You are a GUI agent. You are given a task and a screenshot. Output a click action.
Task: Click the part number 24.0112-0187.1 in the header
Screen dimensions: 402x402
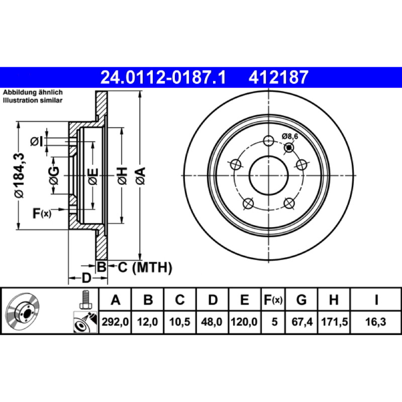click(163, 77)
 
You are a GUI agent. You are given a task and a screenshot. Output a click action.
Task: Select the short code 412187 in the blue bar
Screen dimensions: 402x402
click(278, 77)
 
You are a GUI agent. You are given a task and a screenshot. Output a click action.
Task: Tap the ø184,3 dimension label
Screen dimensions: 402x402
click(20, 175)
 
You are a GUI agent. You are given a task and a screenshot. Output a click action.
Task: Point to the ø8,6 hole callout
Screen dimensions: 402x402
click(290, 136)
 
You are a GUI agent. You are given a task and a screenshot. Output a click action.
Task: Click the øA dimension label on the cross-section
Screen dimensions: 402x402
click(141, 176)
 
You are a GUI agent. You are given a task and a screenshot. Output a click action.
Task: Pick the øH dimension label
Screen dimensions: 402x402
click(122, 176)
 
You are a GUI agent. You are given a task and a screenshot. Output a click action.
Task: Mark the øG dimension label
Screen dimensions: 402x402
click(54, 175)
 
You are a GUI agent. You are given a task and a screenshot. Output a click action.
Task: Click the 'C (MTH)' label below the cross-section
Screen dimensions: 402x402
click(145, 267)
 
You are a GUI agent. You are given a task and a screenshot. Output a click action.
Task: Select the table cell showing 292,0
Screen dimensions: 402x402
click(115, 322)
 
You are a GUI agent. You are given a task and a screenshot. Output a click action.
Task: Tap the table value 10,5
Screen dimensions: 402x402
click(180, 322)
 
